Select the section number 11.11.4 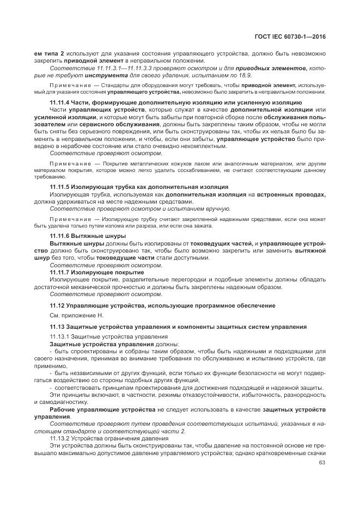pos(60,102)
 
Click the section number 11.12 pos(57,305)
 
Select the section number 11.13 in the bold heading pos(57,326)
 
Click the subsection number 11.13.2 pos(62,438)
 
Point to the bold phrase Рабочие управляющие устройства pos(102,409)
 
